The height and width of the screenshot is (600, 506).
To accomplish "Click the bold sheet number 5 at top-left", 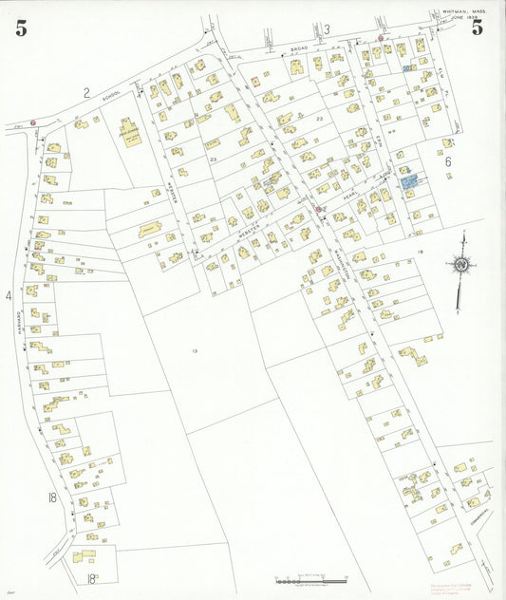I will pyautogui.click(x=21, y=28).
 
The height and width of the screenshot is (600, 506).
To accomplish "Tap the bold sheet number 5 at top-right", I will pyautogui.click(x=478, y=27).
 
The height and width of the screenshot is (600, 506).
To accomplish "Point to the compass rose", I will pyautogui.click(x=460, y=266).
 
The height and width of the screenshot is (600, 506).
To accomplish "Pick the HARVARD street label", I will pyautogui.click(x=18, y=328).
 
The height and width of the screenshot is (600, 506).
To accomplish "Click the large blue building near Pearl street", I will pyautogui.click(x=409, y=179).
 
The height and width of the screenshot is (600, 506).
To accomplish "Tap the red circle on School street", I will pyautogui.click(x=32, y=122).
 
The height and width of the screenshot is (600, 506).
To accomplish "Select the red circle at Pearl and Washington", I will pyautogui.click(x=319, y=208).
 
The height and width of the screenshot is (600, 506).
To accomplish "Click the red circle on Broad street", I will pyautogui.click(x=381, y=39).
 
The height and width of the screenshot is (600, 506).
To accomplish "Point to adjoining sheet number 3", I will pyautogui.click(x=327, y=29).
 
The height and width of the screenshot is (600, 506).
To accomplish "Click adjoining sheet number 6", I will pyautogui.click(x=446, y=161).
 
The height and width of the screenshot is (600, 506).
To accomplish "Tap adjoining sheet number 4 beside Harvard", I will pyautogui.click(x=9, y=296).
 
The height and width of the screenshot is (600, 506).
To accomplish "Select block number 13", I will pyautogui.click(x=194, y=351).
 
